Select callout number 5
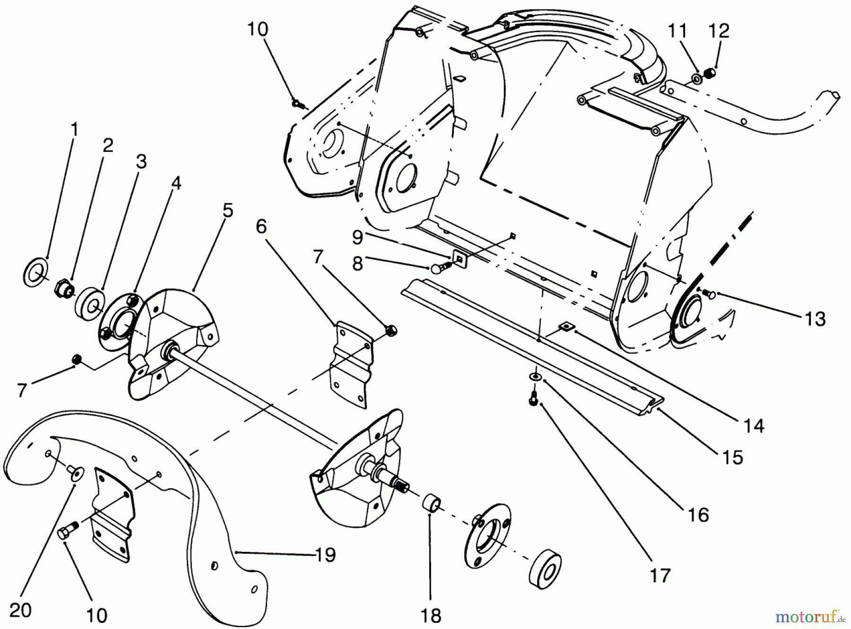click(228, 210)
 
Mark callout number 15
click(733, 457)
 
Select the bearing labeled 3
click(89, 301)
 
